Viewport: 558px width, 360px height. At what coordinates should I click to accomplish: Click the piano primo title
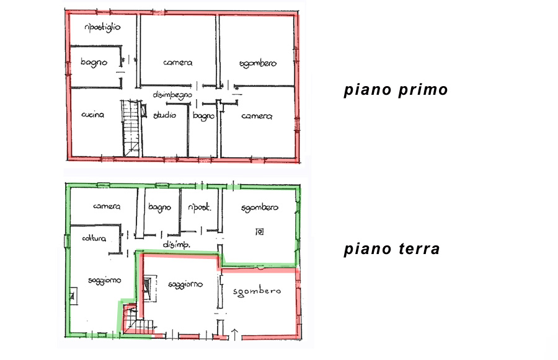pyautogui.click(x=396, y=90)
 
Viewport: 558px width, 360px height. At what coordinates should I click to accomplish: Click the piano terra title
pyautogui.click(x=391, y=248)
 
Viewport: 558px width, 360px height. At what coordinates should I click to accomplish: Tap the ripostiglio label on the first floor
pyautogui.click(x=102, y=27)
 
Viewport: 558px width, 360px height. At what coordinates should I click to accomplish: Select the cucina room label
pyautogui.click(x=92, y=115)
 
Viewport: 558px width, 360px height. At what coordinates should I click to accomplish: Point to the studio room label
pyautogui.click(x=164, y=115)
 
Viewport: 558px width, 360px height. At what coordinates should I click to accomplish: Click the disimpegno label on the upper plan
pyautogui.click(x=172, y=95)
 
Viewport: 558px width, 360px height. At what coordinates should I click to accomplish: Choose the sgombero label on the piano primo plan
pyautogui.click(x=258, y=64)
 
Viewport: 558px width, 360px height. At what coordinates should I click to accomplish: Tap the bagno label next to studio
pyautogui.click(x=203, y=116)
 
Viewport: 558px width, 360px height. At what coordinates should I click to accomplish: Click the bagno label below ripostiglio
pyautogui.click(x=94, y=63)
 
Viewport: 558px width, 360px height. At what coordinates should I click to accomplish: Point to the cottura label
pyautogui.click(x=94, y=238)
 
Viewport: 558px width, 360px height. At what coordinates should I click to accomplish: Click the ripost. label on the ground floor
pyautogui.click(x=199, y=208)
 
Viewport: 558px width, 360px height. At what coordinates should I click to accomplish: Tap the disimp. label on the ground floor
pyautogui.click(x=176, y=244)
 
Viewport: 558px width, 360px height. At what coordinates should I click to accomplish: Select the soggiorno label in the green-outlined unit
pyautogui.click(x=104, y=281)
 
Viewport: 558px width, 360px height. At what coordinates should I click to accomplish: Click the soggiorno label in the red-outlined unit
pyautogui.click(x=185, y=284)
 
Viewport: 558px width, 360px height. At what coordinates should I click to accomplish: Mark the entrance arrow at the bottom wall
pyautogui.click(x=235, y=335)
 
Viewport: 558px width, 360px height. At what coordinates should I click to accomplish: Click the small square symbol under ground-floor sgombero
pyautogui.click(x=260, y=232)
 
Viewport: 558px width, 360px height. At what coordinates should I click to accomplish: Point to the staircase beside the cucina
pyautogui.click(x=131, y=128)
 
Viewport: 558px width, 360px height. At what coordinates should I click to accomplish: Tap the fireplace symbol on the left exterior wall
pyautogui.click(x=74, y=296)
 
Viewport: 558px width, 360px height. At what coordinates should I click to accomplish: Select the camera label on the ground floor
pyautogui.click(x=107, y=206)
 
